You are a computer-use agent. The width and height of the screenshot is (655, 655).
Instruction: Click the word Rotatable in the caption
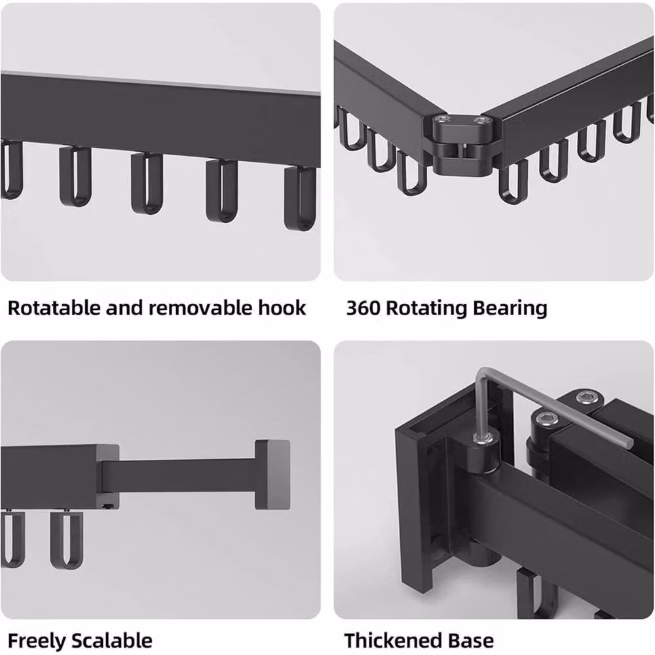point(54,308)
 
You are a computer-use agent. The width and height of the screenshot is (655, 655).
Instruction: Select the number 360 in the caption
point(363,308)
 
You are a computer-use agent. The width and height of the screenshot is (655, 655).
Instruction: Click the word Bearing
point(510,309)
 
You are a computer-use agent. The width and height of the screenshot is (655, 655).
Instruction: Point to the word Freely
point(37,641)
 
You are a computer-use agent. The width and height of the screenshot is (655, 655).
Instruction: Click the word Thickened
point(392,641)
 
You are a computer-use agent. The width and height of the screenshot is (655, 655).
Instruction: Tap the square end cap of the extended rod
point(272,474)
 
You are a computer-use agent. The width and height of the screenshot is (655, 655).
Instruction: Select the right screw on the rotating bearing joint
point(482,121)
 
